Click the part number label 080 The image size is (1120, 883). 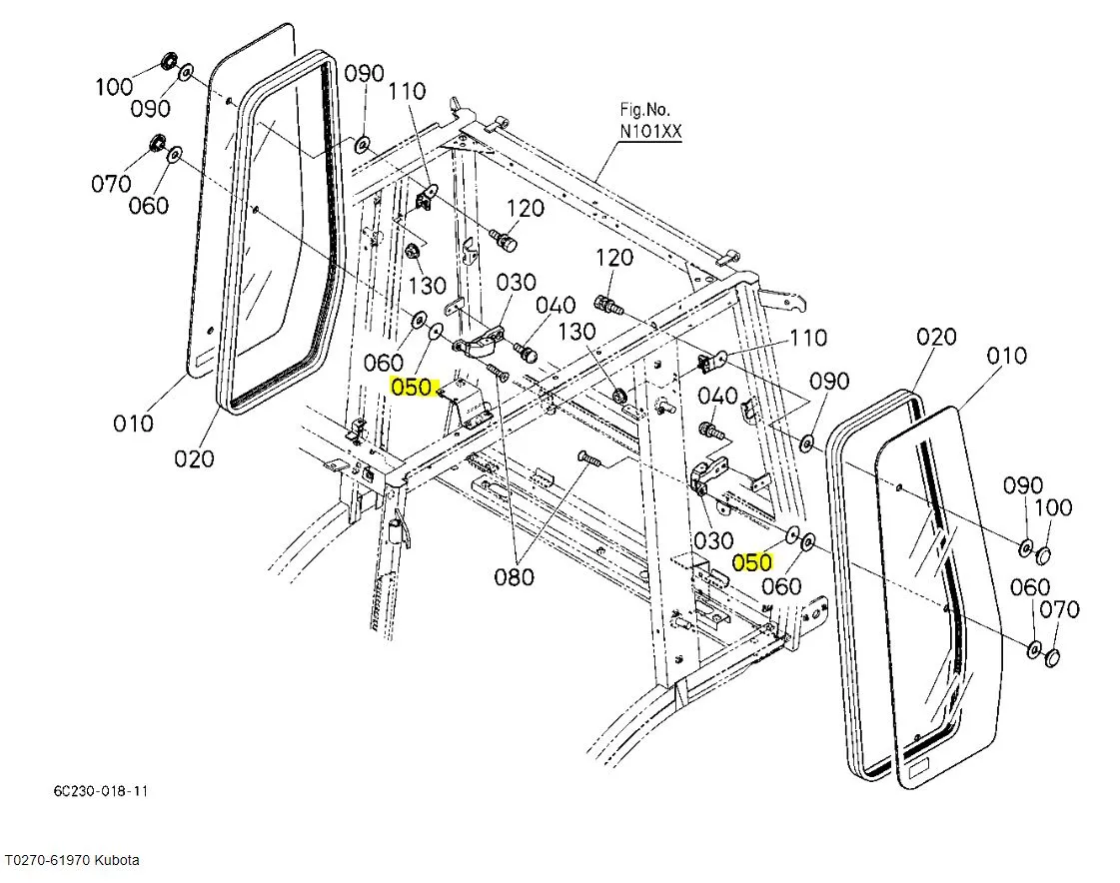[515, 576]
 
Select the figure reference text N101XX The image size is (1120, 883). [650, 132]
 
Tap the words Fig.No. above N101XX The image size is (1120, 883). [645, 109]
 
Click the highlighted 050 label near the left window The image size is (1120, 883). [412, 387]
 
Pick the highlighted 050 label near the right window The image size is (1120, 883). [752, 562]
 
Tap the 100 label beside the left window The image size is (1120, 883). [114, 87]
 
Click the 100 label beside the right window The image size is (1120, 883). [1052, 507]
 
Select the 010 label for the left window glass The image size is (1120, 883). [133, 423]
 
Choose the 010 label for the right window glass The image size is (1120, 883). [1006, 356]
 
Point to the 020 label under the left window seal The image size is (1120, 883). [194, 458]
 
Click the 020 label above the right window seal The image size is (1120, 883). [936, 338]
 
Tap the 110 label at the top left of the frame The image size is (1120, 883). [407, 92]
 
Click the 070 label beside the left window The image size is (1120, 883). [111, 184]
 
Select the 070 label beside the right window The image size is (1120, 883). [1059, 609]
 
